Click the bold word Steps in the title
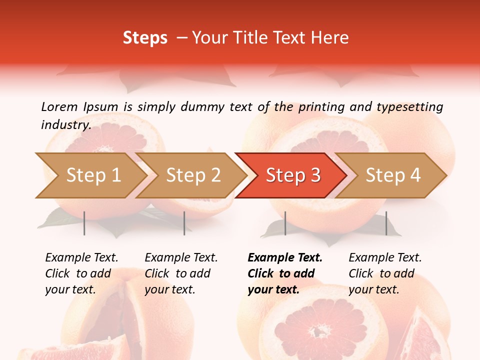[145, 38]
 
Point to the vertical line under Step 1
[84, 223]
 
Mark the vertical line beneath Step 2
[184, 223]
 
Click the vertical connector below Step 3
[285, 223]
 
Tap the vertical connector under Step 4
[386, 223]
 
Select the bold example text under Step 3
[285, 273]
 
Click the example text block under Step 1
[81, 273]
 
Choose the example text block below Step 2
[181, 273]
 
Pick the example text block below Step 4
[385, 273]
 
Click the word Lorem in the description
[59, 106]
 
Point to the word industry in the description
[65, 125]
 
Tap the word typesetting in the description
[409, 106]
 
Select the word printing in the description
[319, 106]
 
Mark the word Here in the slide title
[332, 38]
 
